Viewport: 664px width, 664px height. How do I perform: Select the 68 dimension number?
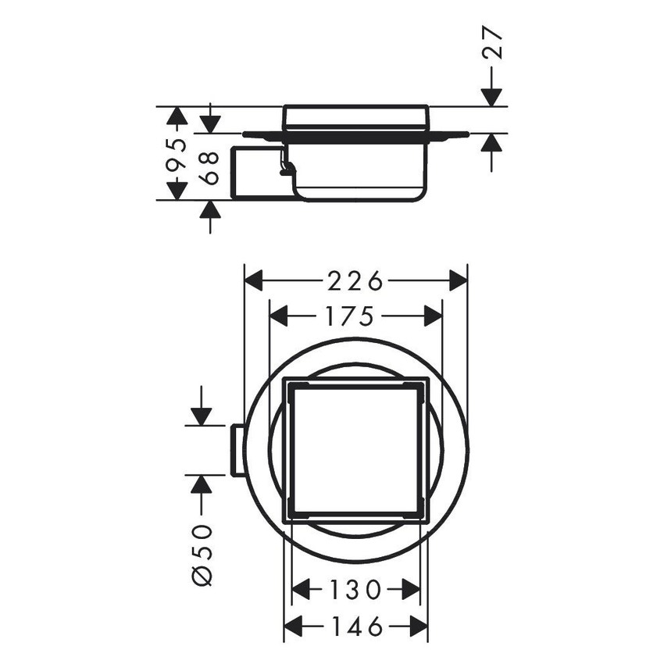(209, 166)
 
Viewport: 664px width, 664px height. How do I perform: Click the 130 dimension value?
(355, 589)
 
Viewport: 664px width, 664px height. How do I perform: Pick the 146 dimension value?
(355, 626)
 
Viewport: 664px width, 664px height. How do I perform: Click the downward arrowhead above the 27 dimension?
(491, 95)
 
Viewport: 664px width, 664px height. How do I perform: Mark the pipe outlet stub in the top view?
(237, 450)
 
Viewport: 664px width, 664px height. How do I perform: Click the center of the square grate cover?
(355, 450)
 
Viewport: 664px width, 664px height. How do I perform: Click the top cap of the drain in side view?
(355, 118)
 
